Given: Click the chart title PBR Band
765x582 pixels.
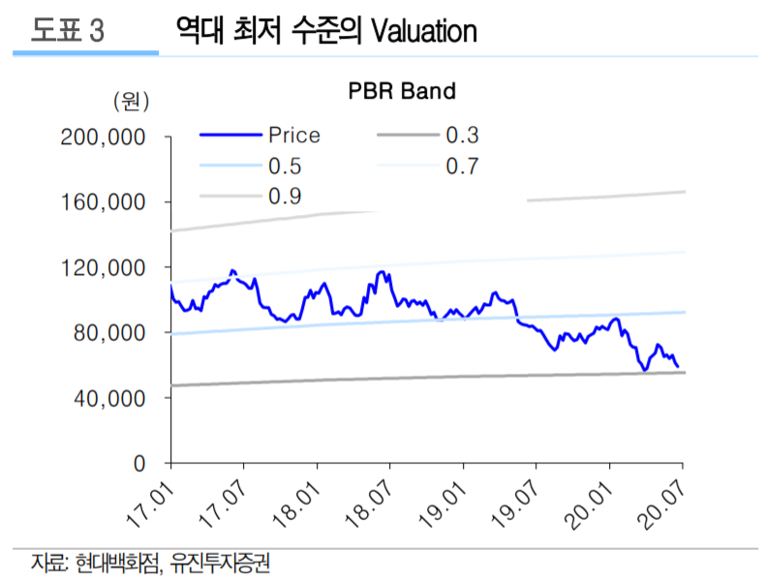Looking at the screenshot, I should click(401, 92).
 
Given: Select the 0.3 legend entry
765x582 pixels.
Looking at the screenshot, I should click(462, 136).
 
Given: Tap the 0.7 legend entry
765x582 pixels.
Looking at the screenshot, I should click(462, 167).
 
